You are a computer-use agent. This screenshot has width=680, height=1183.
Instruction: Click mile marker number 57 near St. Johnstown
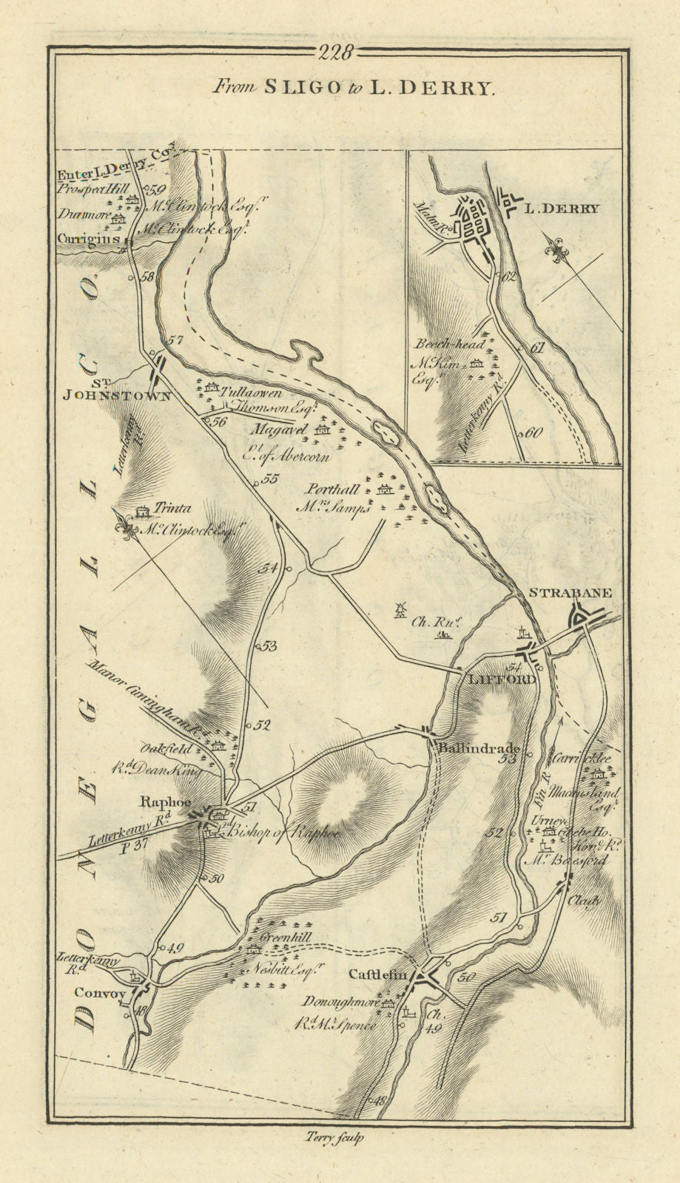click(175, 342)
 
